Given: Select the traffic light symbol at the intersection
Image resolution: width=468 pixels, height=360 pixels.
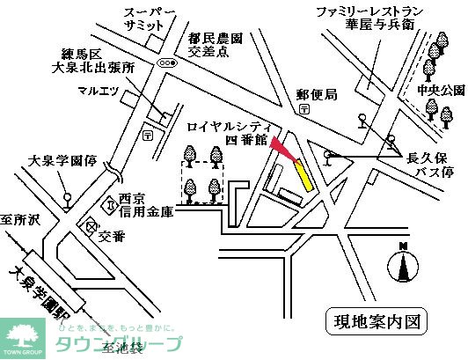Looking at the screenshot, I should tap(166, 63).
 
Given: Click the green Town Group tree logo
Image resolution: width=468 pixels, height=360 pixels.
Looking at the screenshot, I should tap(24, 334).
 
